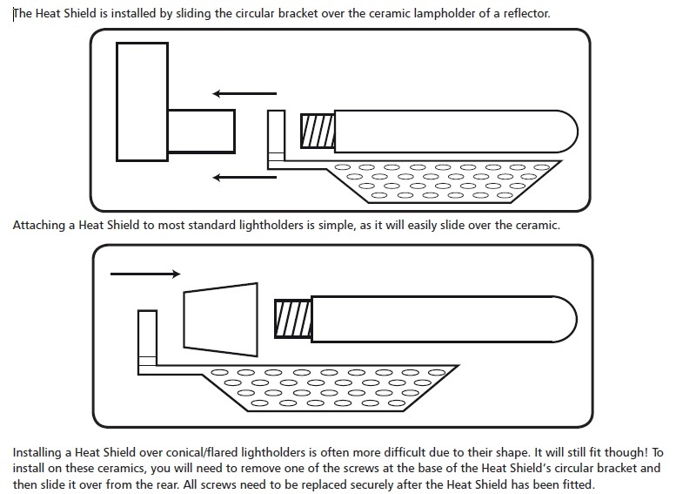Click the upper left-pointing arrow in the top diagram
point(244,93)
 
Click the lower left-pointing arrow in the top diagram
point(244,177)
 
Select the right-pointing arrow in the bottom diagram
point(145,274)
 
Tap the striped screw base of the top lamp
point(318,131)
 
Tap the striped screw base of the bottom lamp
point(293,319)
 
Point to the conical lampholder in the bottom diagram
point(221,320)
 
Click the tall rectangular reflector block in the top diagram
point(143,102)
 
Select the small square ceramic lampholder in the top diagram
point(201,132)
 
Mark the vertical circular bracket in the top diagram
point(276,139)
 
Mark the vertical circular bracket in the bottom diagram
point(147,342)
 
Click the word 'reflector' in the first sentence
point(527,13)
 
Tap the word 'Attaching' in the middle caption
point(39,226)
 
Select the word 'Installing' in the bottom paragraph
point(37,453)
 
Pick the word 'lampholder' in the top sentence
point(445,14)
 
